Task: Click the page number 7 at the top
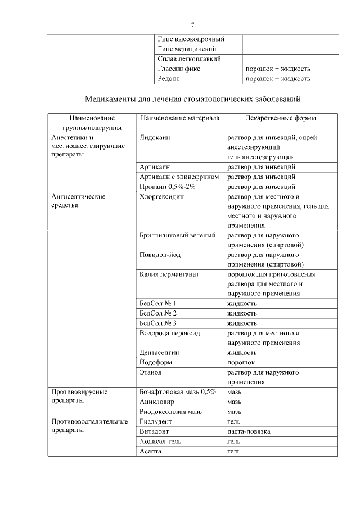(x=192, y=25)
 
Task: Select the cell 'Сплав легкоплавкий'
(x=189, y=58)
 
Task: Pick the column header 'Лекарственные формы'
(x=281, y=119)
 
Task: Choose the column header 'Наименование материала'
(x=179, y=119)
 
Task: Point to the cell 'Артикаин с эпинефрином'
(x=179, y=177)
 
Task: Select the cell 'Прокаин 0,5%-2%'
(x=167, y=187)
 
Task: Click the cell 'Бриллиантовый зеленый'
(x=177, y=235)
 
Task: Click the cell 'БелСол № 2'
(x=158, y=313)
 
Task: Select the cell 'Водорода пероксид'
(x=169, y=333)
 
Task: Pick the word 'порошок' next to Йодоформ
(x=241, y=363)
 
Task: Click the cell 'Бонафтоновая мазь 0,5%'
(x=178, y=392)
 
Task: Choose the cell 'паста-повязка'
(x=248, y=431)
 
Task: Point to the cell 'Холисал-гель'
(x=160, y=442)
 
